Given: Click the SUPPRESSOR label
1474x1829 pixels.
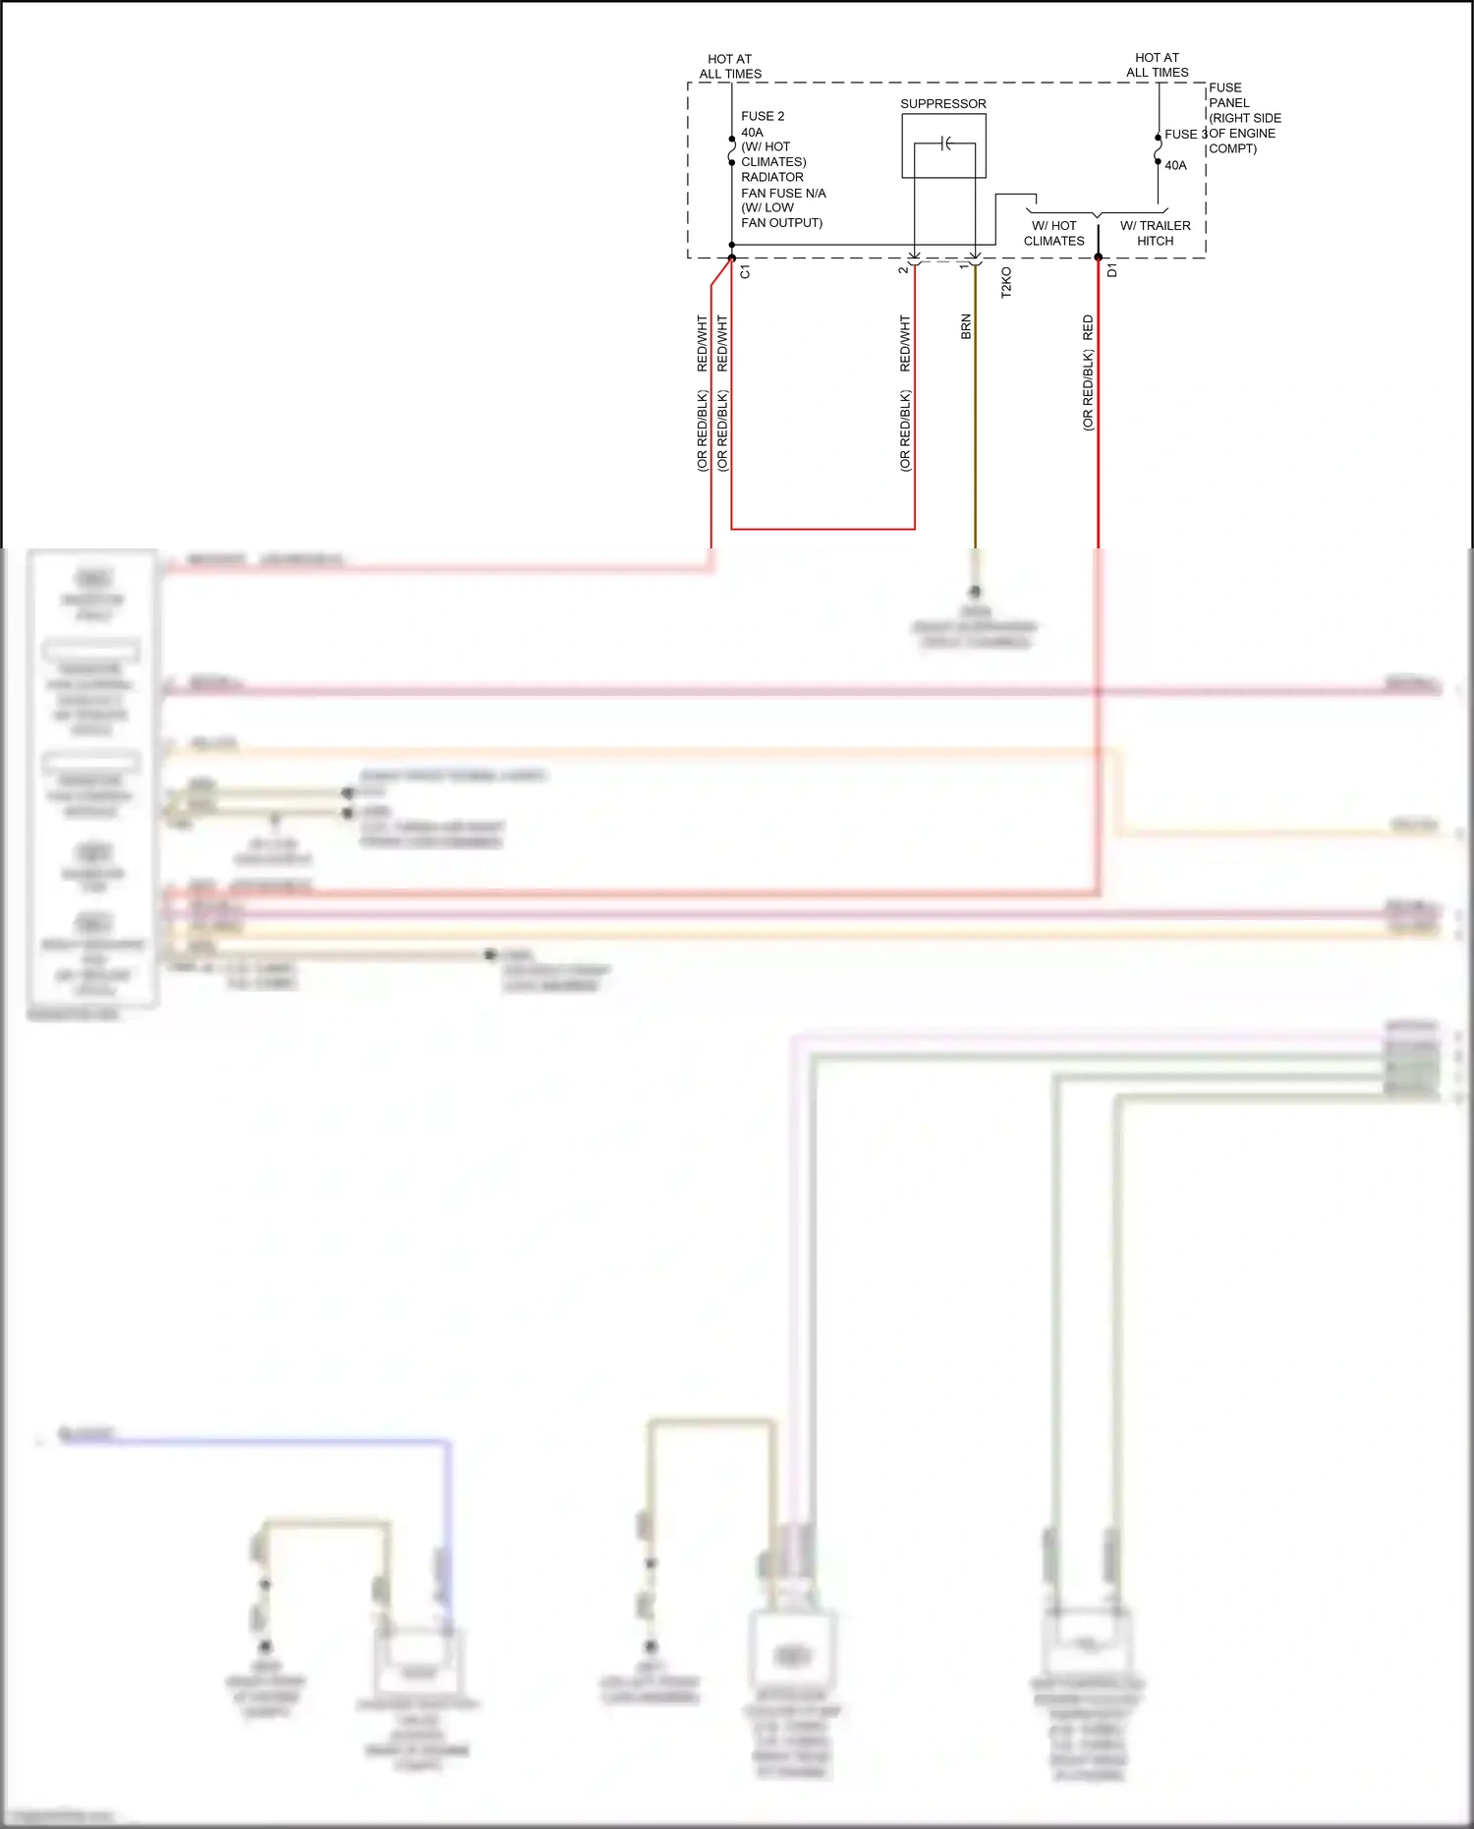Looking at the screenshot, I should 942,103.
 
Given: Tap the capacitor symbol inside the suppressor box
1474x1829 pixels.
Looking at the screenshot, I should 945,144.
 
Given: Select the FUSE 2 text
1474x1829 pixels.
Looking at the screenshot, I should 763,116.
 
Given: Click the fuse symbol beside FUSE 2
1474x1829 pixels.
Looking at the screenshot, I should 732,150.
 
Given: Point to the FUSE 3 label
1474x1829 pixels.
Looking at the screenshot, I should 1182,134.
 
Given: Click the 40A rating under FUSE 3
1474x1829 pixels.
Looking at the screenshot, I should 1175,165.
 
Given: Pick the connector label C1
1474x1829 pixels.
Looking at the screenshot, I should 745,271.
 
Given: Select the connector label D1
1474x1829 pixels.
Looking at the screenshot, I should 1112,269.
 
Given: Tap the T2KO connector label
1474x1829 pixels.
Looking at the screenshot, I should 1006,282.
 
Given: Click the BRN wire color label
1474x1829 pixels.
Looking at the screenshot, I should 966,327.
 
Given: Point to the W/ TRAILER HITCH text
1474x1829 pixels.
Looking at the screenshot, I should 1155,233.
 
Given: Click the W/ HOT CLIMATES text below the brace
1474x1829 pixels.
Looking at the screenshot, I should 1053,233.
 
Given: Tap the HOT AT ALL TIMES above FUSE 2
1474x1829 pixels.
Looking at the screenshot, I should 730,66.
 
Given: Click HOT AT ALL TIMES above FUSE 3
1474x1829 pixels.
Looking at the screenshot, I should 1157,65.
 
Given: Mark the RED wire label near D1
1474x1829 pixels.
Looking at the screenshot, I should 1088,327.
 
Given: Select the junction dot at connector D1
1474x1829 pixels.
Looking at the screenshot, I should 1099,257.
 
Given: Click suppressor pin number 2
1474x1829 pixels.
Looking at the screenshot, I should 903,269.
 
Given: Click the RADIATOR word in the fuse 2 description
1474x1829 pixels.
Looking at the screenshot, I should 771,177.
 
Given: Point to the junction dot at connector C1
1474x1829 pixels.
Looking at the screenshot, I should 732,257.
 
